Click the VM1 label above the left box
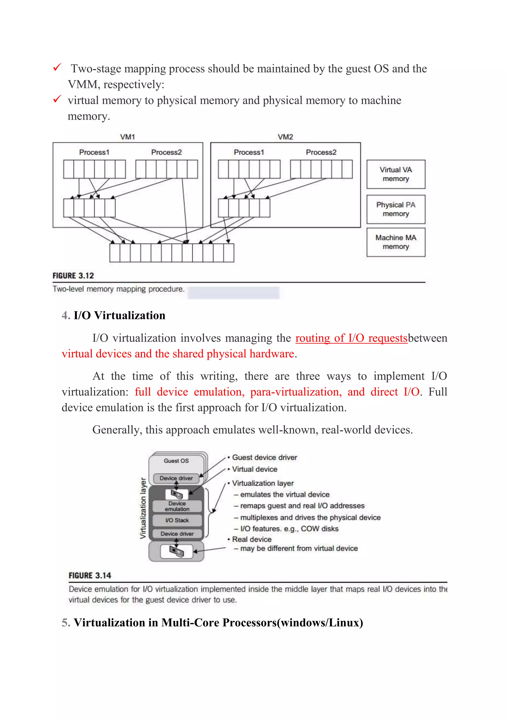(127, 137)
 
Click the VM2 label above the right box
(285, 137)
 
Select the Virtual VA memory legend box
(396, 174)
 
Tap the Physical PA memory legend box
(396, 209)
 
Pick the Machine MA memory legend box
(396, 242)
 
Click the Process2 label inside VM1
(167, 152)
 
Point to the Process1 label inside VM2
(249, 152)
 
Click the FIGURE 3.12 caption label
(73, 276)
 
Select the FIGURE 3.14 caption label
(90, 575)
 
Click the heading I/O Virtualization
(119, 315)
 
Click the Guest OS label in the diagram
(176, 461)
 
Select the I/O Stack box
(177, 520)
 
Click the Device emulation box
(177, 506)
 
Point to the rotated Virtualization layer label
(143, 508)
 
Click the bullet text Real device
(252, 539)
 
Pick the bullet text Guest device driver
(264, 458)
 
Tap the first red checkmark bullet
(57, 67)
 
